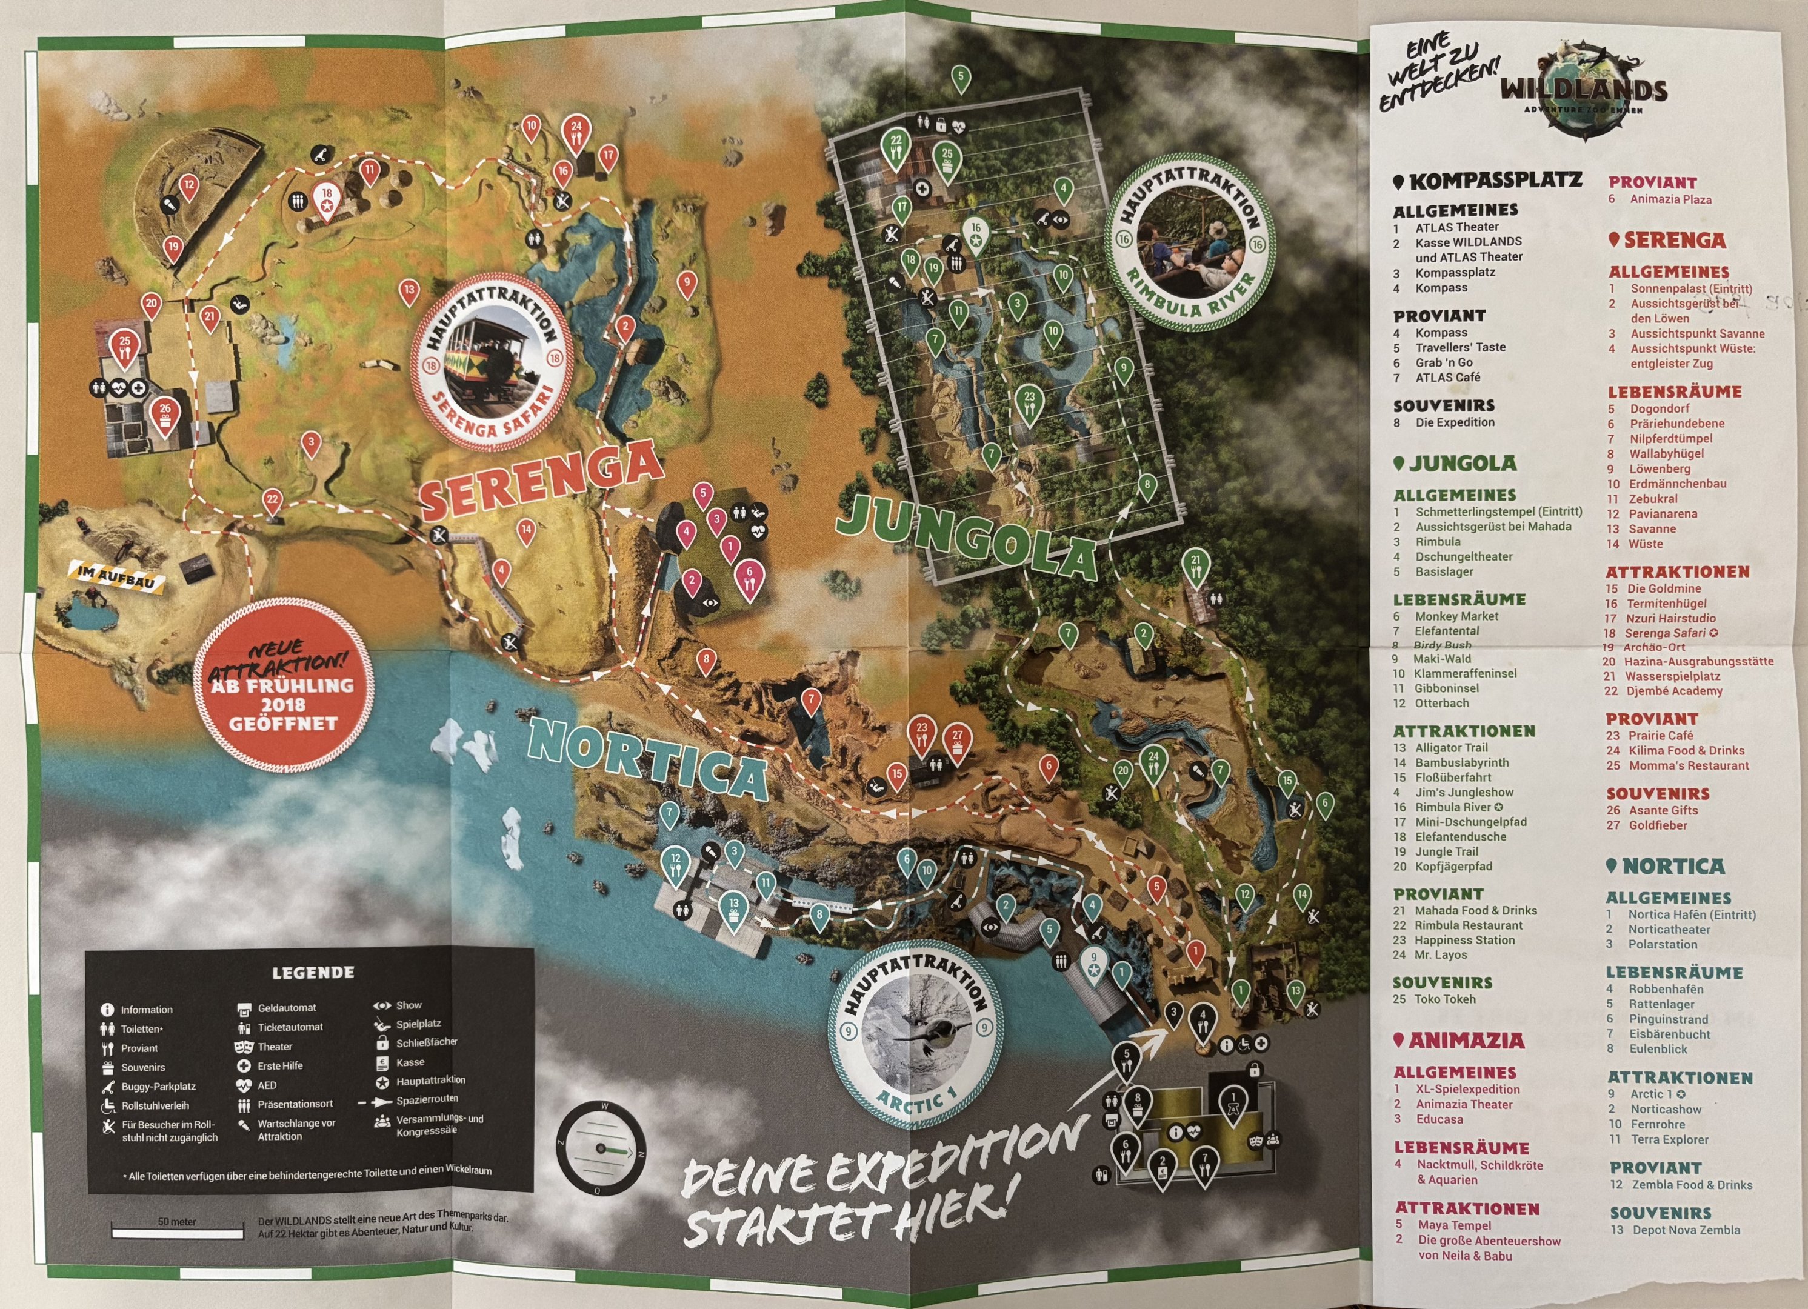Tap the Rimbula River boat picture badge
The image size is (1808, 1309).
click(x=1189, y=247)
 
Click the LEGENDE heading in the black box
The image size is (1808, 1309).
click(x=313, y=973)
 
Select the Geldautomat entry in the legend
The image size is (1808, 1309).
click(x=285, y=1008)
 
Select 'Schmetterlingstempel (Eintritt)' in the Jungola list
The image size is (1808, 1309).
click(x=1499, y=512)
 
